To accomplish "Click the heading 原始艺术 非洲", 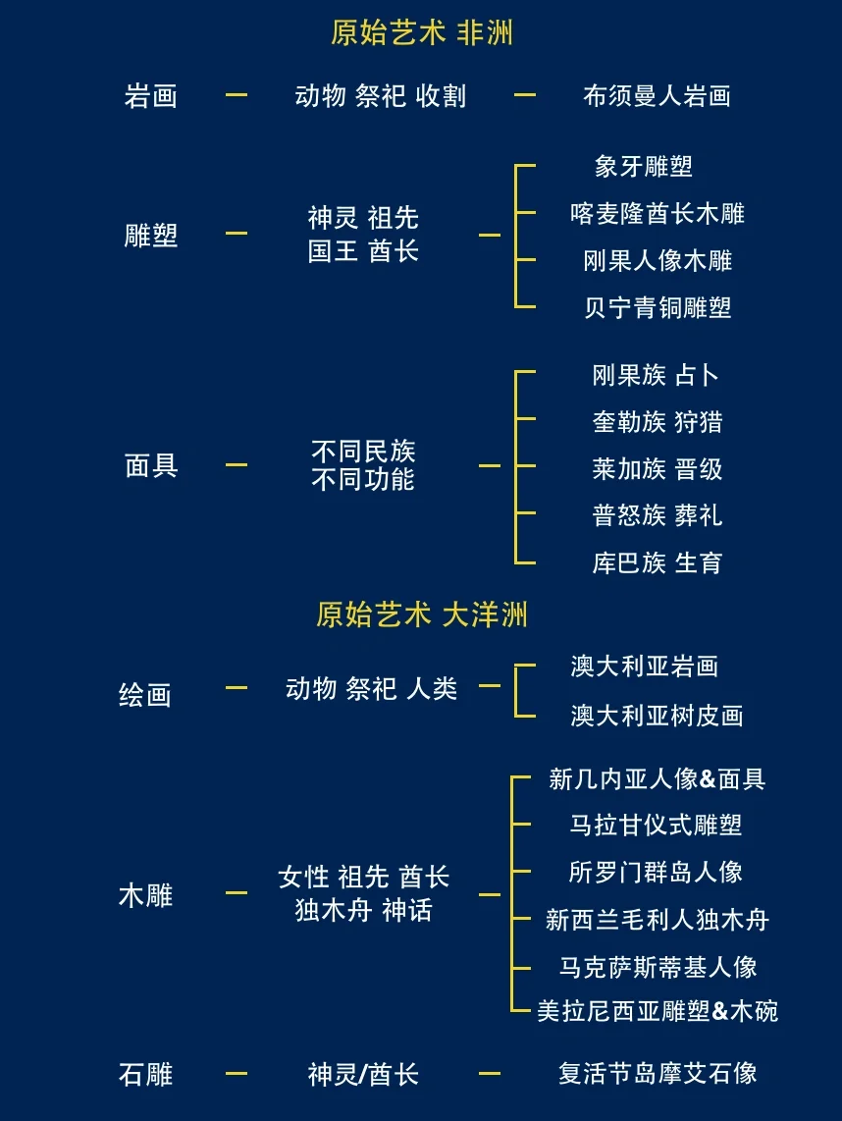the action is click(x=422, y=33).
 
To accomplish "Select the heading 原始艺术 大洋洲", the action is click(x=422, y=614).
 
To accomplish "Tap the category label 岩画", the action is click(x=151, y=96).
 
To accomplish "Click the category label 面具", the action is click(x=151, y=465).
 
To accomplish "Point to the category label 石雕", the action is click(x=145, y=1074).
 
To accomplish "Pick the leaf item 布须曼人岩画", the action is click(x=657, y=96).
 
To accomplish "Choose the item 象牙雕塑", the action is click(x=644, y=166).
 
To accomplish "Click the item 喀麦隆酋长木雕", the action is click(x=658, y=213).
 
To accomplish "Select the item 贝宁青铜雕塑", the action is click(x=658, y=307).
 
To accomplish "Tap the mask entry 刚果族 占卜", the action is click(x=657, y=375).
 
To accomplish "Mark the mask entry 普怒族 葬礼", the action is click(x=657, y=515).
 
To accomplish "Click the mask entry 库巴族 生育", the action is click(x=657, y=562).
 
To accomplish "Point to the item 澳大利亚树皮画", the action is click(x=657, y=716).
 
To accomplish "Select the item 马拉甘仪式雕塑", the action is click(x=657, y=825).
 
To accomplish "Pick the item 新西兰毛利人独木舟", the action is click(x=657, y=920).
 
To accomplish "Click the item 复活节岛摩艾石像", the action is click(x=658, y=1073).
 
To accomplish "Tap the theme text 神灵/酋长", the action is click(x=363, y=1074).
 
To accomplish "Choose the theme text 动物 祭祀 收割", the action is click(x=380, y=96).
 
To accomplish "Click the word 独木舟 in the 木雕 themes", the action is click(x=334, y=910).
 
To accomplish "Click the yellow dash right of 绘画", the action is click(x=236, y=688).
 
